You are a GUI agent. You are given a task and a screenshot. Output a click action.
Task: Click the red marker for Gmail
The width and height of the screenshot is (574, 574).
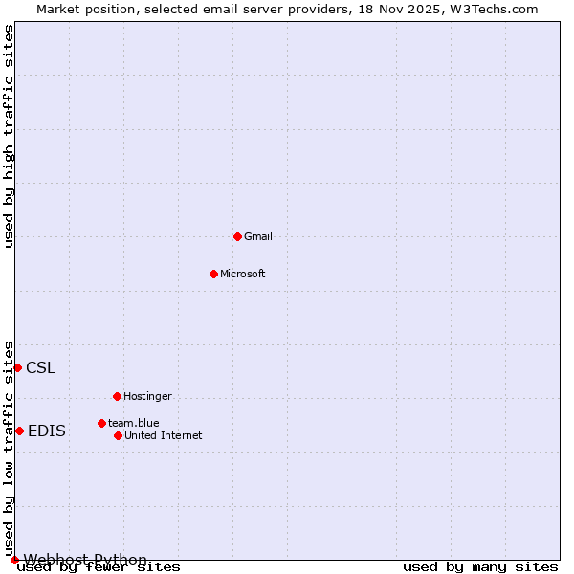click(237, 236)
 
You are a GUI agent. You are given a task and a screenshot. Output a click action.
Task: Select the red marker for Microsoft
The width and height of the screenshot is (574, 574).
click(213, 274)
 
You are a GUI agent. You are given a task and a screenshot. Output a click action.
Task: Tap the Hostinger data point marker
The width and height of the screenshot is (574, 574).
click(117, 396)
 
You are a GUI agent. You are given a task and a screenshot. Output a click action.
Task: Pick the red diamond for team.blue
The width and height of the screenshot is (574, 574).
click(101, 423)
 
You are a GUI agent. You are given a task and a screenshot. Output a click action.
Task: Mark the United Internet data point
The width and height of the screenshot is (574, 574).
click(118, 435)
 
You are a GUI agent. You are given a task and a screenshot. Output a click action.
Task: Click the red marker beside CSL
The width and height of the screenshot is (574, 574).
click(17, 367)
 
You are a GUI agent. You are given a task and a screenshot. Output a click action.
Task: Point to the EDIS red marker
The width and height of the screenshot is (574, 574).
click(19, 430)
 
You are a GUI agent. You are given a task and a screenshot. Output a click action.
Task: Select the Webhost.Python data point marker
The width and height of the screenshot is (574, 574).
click(14, 560)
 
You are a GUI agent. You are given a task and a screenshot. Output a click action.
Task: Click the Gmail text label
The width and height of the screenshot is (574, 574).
click(258, 236)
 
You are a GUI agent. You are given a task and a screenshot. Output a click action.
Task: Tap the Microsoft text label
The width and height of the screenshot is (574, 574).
click(243, 274)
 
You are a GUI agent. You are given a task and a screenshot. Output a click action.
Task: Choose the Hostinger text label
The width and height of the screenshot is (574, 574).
click(147, 396)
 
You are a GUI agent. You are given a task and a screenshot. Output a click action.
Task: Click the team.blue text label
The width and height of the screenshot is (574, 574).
click(134, 423)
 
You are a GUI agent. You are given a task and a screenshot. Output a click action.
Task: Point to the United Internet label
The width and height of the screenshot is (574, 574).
click(164, 435)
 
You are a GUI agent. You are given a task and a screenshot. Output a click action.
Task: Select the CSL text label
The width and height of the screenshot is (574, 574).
click(40, 367)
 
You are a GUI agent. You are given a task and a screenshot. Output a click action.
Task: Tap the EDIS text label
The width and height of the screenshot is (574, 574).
click(47, 430)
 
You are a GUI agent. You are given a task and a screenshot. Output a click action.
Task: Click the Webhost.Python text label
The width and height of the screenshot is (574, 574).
click(85, 560)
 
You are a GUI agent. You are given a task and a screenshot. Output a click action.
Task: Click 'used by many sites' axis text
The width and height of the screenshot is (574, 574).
click(480, 567)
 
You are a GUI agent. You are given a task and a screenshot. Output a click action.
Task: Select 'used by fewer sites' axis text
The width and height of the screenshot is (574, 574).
click(99, 567)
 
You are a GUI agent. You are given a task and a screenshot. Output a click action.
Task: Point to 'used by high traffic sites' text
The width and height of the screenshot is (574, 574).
click(10, 136)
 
